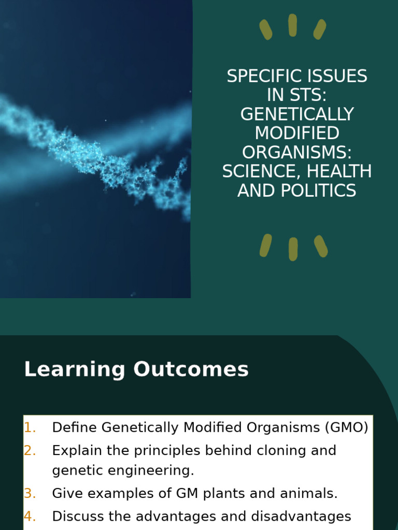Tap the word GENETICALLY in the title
(x=297, y=114)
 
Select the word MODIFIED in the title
(x=297, y=134)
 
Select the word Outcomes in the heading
(x=191, y=370)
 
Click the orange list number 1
(x=30, y=428)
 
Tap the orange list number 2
(x=30, y=451)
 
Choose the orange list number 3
(x=30, y=494)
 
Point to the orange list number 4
(x=30, y=517)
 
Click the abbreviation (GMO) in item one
(x=347, y=428)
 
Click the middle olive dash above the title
(x=293, y=25)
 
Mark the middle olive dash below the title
(x=293, y=249)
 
